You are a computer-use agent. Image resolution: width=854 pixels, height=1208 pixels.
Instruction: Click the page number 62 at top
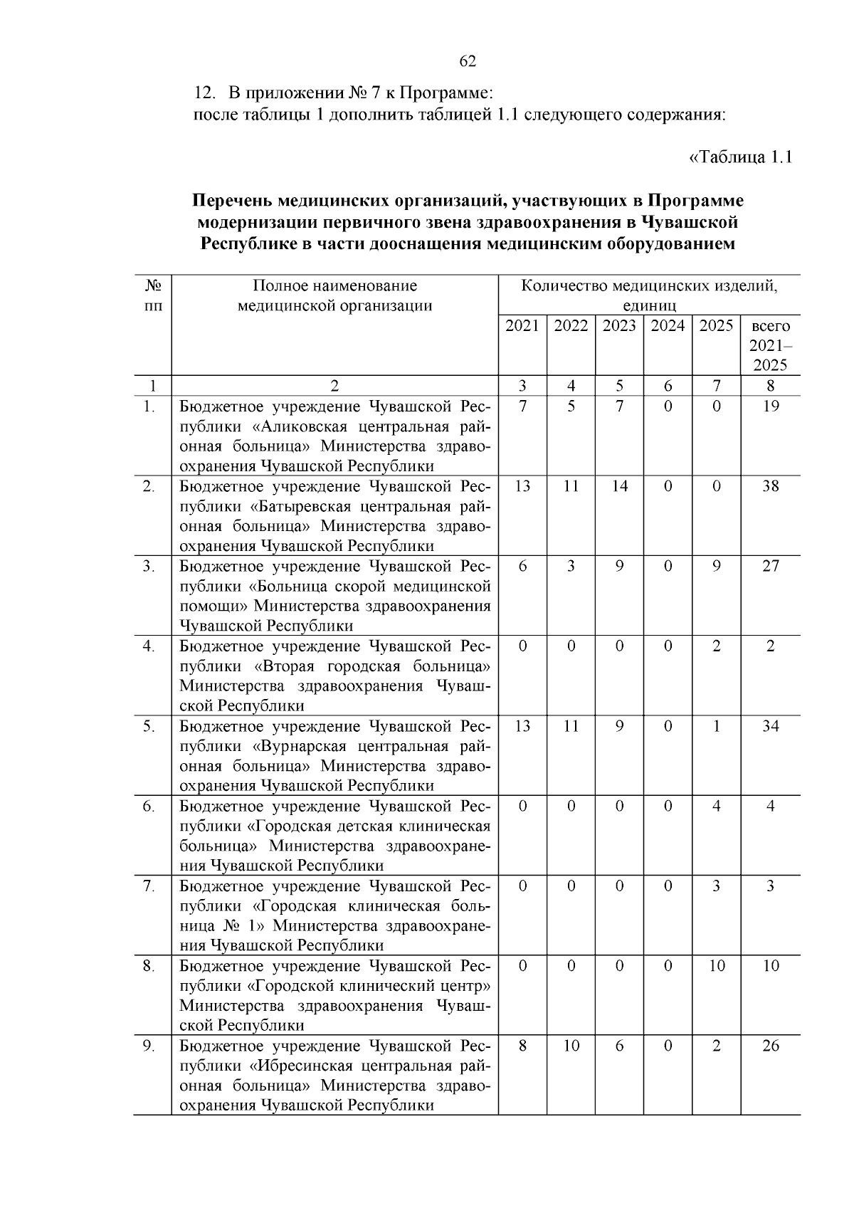pos(468,61)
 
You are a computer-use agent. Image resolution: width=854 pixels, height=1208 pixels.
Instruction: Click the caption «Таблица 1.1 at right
pos(740,157)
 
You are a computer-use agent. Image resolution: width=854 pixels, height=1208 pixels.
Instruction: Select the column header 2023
pos(619,326)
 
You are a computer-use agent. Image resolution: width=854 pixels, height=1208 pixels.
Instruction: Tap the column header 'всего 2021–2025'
pos(770,345)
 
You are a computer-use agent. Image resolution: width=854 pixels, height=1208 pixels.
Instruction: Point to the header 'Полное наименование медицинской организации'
pos(334,295)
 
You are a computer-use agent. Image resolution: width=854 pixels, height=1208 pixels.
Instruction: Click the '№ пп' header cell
pos(152,295)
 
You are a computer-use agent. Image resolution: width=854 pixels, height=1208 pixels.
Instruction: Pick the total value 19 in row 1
pos(770,406)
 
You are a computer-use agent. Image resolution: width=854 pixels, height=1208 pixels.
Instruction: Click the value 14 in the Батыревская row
pos(619,486)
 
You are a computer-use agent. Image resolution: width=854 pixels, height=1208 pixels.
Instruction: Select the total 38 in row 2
pos(770,486)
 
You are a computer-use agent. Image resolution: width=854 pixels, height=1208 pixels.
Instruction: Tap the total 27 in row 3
pos(770,567)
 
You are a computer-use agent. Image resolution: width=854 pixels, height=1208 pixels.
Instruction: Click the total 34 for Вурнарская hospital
pos(770,726)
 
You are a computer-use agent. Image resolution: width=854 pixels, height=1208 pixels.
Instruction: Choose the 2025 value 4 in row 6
pos(716,807)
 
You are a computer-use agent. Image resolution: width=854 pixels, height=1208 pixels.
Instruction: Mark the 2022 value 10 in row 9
pos(571,1046)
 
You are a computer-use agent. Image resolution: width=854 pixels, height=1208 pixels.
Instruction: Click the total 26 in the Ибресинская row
pos(770,1046)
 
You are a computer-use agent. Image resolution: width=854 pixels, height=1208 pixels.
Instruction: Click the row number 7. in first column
pos(149,886)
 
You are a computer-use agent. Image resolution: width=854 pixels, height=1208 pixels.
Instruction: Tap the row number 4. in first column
pos(149,646)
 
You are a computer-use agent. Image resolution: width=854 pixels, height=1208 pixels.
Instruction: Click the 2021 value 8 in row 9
pos(522,1046)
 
